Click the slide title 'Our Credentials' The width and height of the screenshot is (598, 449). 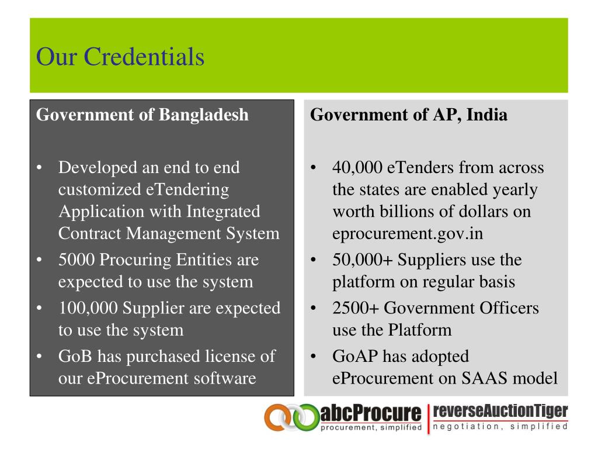coord(120,57)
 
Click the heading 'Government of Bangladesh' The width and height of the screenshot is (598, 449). coord(142,115)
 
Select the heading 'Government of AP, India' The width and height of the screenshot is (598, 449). coord(409,115)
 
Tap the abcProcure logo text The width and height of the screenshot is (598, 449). coord(370,415)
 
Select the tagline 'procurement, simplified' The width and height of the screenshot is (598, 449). coord(371,428)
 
